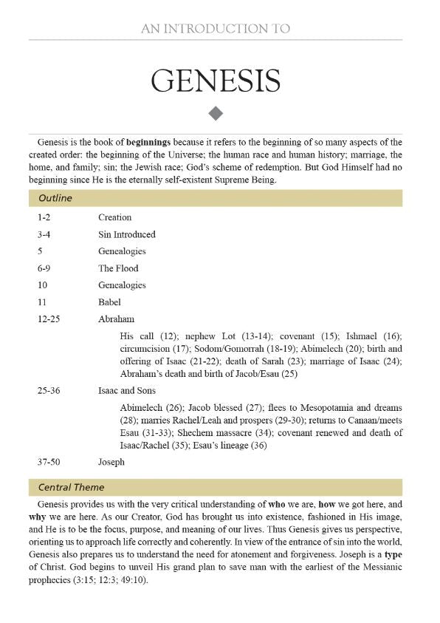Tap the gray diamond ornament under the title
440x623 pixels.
[216, 113]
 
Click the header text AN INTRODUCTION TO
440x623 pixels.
[216, 29]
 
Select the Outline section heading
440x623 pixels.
[55, 198]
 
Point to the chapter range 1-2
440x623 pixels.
[44, 217]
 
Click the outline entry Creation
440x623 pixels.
[114, 217]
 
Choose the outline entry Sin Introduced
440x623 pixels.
[126, 234]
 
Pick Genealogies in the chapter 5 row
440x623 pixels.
[122, 251]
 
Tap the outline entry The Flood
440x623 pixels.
[118, 268]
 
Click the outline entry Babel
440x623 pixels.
[109, 302]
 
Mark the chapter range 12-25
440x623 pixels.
[49, 319]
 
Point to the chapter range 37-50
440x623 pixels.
[49, 462]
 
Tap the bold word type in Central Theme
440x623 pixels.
[391, 554]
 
